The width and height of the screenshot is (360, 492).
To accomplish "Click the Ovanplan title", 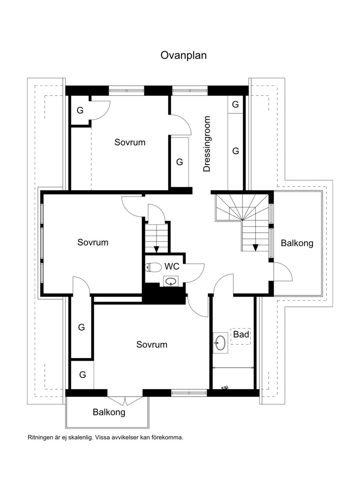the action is (184, 55).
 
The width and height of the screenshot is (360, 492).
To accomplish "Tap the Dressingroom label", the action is (207, 144).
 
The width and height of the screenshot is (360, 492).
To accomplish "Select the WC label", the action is (172, 266).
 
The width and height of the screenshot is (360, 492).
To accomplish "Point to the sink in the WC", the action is (171, 281).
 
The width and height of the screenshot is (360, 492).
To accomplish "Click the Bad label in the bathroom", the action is (241, 335).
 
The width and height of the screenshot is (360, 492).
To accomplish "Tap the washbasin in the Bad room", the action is (220, 343).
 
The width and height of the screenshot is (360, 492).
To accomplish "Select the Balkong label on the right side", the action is (297, 243).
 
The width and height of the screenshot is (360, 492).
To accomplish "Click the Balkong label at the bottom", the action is (109, 412).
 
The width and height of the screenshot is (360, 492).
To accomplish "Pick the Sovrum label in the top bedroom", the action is (130, 142).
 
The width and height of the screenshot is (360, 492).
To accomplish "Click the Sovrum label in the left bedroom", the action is (93, 242).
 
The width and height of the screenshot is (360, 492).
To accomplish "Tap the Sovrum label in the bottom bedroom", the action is (152, 344).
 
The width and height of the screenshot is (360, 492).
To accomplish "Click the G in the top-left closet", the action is (80, 110).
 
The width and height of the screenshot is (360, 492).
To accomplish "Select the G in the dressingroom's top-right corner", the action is (235, 104).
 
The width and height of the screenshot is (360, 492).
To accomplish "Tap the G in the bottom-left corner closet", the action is (82, 375).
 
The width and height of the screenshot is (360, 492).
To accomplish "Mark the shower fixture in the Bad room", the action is (225, 388).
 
